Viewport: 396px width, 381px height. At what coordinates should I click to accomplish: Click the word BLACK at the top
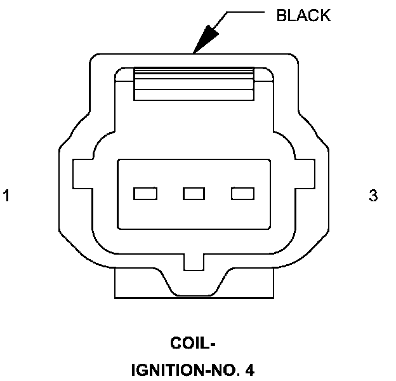[303, 15]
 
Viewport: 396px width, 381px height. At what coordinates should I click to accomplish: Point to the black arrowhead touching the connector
[204, 41]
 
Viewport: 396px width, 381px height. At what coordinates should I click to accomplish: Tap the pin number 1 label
[7, 196]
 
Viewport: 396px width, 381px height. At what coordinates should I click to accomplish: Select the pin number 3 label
[373, 196]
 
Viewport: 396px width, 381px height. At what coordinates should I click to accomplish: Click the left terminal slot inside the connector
[145, 193]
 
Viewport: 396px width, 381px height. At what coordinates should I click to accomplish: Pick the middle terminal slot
[194, 193]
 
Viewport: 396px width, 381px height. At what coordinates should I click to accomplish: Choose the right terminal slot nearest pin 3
[242, 193]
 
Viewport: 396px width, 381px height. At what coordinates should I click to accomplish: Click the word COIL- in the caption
[194, 344]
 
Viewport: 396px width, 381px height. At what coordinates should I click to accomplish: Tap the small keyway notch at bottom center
[194, 261]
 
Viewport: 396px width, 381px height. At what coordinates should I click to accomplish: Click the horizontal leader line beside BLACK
[244, 11]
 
